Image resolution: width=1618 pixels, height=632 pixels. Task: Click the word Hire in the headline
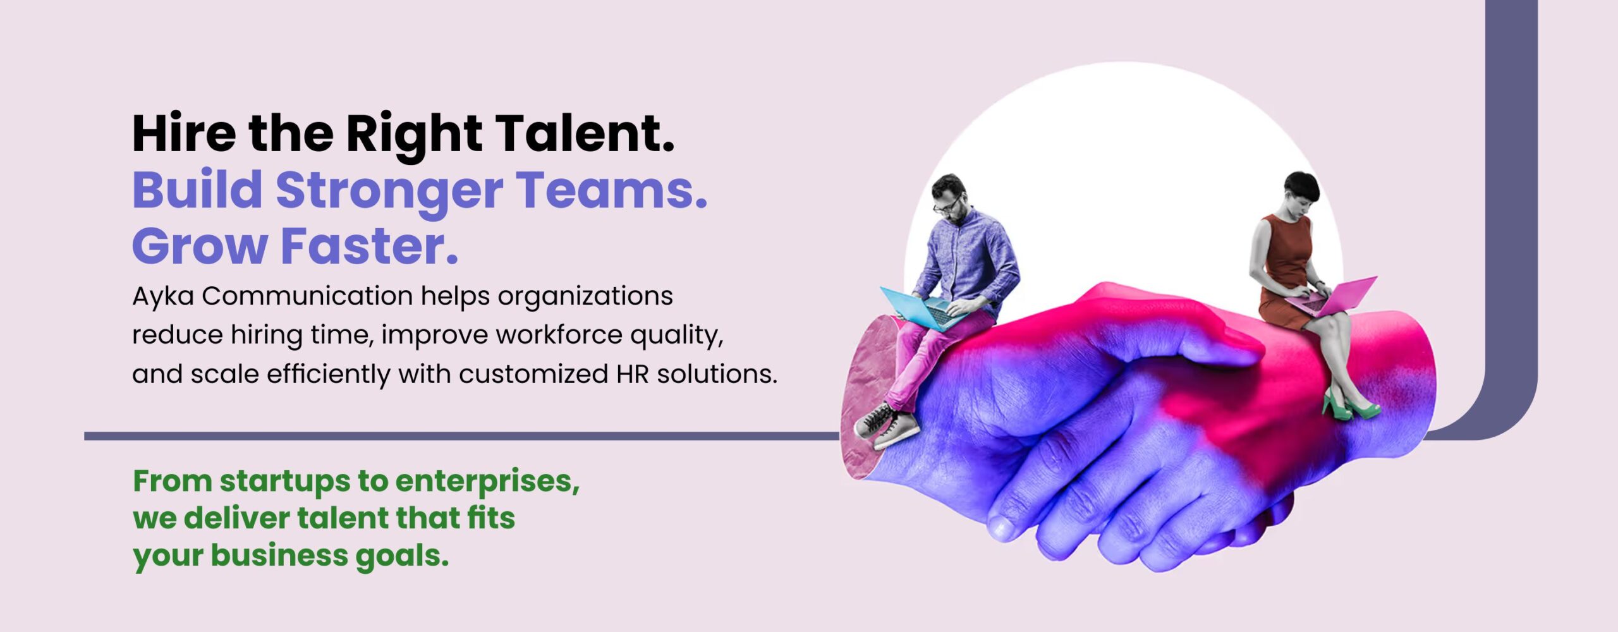pyautogui.click(x=184, y=133)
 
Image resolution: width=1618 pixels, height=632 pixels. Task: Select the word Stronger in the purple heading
pyautogui.click(x=389, y=191)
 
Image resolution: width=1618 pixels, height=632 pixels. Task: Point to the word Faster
pyautogui.click(x=369, y=246)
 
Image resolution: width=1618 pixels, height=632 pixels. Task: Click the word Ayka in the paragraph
pyautogui.click(x=163, y=296)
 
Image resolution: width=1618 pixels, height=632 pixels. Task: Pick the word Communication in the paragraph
pyautogui.click(x=307, y=296)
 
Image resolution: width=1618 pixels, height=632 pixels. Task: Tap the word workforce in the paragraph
pyautogui.click(x=559, y=335)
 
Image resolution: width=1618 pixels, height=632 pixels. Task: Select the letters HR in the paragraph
pyautogui.click(x=633, y=374)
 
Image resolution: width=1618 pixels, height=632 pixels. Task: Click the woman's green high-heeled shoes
pyautogui.click(x=1350, y=405)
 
